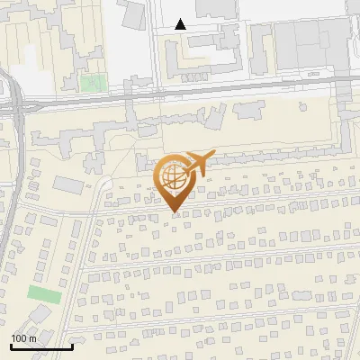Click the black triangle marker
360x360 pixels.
[181, 24]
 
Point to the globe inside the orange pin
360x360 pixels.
[175, 176]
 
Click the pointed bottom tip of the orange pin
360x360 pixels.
[175, 212]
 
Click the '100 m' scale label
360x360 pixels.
[23, 337]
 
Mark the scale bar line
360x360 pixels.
[41, 346]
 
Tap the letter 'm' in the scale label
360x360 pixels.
[31, 337]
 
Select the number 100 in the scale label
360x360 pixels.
[18, 337]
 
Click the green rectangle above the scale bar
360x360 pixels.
[44, 294]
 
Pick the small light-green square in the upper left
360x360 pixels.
[91, 83]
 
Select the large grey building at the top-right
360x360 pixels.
[306, 45]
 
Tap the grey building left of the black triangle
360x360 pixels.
[133, 13]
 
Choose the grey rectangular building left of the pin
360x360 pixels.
[67, 184]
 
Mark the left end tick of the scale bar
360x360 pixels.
[11, 346]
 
